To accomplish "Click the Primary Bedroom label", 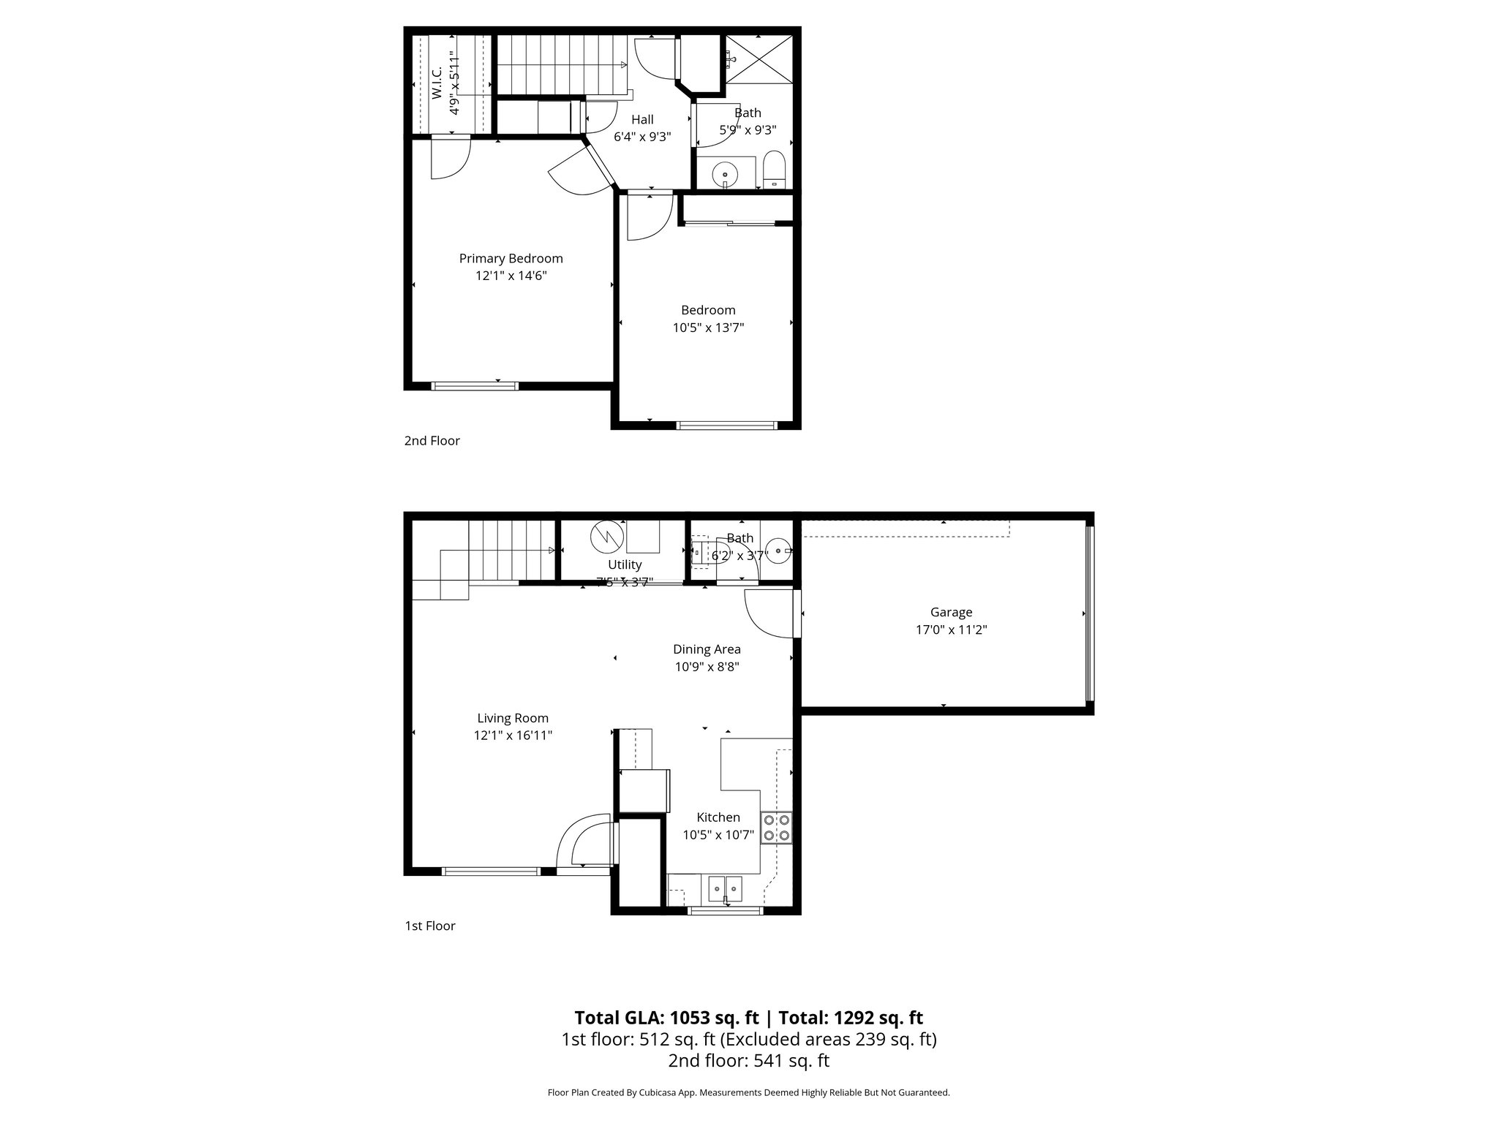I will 511,259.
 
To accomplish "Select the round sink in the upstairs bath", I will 725,174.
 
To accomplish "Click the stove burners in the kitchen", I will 776,827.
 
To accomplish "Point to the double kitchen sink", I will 724,888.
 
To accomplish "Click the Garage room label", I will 951,613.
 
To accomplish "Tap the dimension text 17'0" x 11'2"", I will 951,630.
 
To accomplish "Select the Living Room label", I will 513,719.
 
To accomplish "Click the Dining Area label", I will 707,649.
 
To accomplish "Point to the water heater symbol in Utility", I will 606,536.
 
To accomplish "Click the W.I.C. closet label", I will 437,83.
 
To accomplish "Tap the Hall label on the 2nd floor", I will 642,119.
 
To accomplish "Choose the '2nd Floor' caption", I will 432,441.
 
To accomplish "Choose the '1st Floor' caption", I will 430,926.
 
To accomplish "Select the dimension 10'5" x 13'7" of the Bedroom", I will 708,328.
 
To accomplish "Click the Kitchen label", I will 718,817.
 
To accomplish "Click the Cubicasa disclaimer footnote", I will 748,1093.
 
